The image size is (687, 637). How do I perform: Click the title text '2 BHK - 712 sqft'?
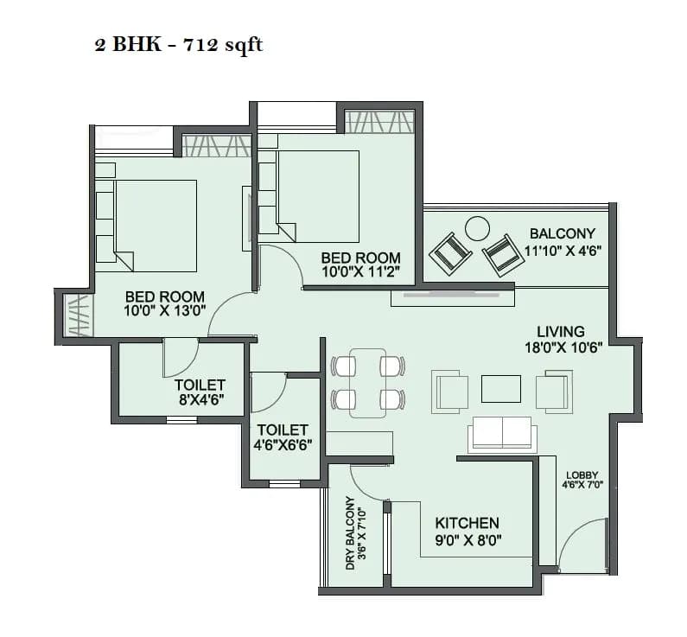(x=178, y=45)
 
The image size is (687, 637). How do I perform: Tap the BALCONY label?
(x=562, y=233)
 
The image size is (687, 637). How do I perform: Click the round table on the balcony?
(x=476, y=228)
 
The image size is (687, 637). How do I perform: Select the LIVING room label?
(x=560, y=331)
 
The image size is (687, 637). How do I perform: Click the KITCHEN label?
(x=467, y=523)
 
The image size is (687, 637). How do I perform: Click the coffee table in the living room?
(x=501, y=389)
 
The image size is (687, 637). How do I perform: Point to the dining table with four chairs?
(x=368, y=382)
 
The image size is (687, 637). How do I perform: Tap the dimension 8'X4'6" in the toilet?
(x=200, y=400)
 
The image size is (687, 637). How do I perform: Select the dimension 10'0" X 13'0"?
(x=164, y=313)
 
